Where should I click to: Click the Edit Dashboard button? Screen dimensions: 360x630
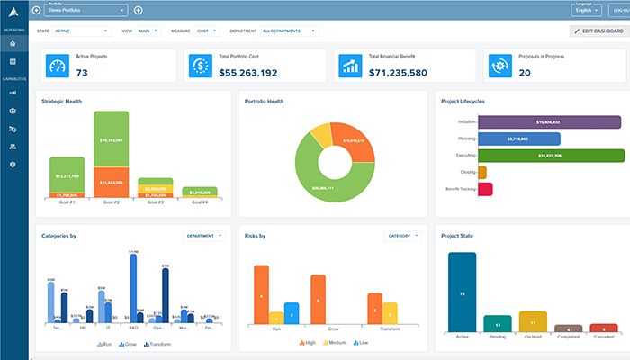point(598,31)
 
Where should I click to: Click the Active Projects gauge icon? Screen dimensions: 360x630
point(58,67)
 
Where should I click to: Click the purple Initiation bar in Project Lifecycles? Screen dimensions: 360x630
point(549,121)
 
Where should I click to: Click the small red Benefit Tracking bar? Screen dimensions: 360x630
point(484,189)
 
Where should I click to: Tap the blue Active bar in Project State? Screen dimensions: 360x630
point(462,292)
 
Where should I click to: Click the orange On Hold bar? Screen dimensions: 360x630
point(533,321)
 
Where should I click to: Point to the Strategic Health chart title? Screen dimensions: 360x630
point(61,102)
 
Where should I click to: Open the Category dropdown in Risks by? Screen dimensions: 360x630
point(402,236)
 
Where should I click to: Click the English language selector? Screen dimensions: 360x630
point(586,11)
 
